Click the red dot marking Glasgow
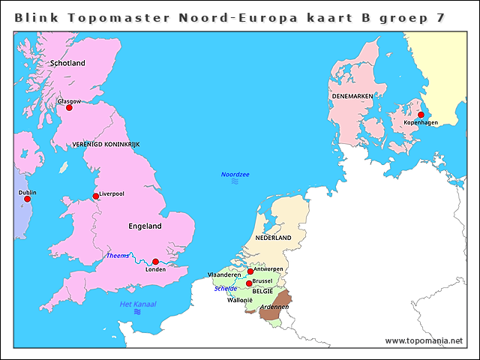(69, 107)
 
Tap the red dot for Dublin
(27, 199)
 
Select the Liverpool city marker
(95, 196)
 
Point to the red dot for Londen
(155, 262)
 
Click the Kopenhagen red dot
(421, 115)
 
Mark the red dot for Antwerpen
(250, 271)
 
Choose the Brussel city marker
(249, 283)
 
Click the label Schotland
(67, 64)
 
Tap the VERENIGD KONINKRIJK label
(106, 143)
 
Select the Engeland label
(145, 226)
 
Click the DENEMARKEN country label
(352, 97)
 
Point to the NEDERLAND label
(273, 238)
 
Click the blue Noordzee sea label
(235, 175)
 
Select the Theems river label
(117, 256)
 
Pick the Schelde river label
(225, 288)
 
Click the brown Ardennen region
(274, 307)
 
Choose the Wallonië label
(240, 300)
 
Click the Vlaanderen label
(224, 275)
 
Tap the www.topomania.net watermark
(424, 340)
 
